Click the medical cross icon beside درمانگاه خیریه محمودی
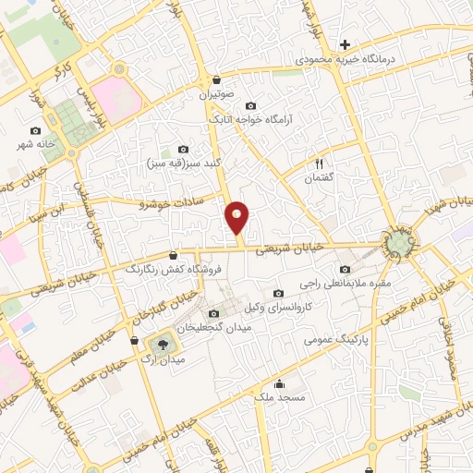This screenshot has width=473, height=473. tap(345, 43)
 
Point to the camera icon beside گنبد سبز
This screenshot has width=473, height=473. tap(183, 150)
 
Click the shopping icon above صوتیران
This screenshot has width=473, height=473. tap(216, 79)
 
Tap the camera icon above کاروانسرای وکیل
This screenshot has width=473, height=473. tap(278, 293)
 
